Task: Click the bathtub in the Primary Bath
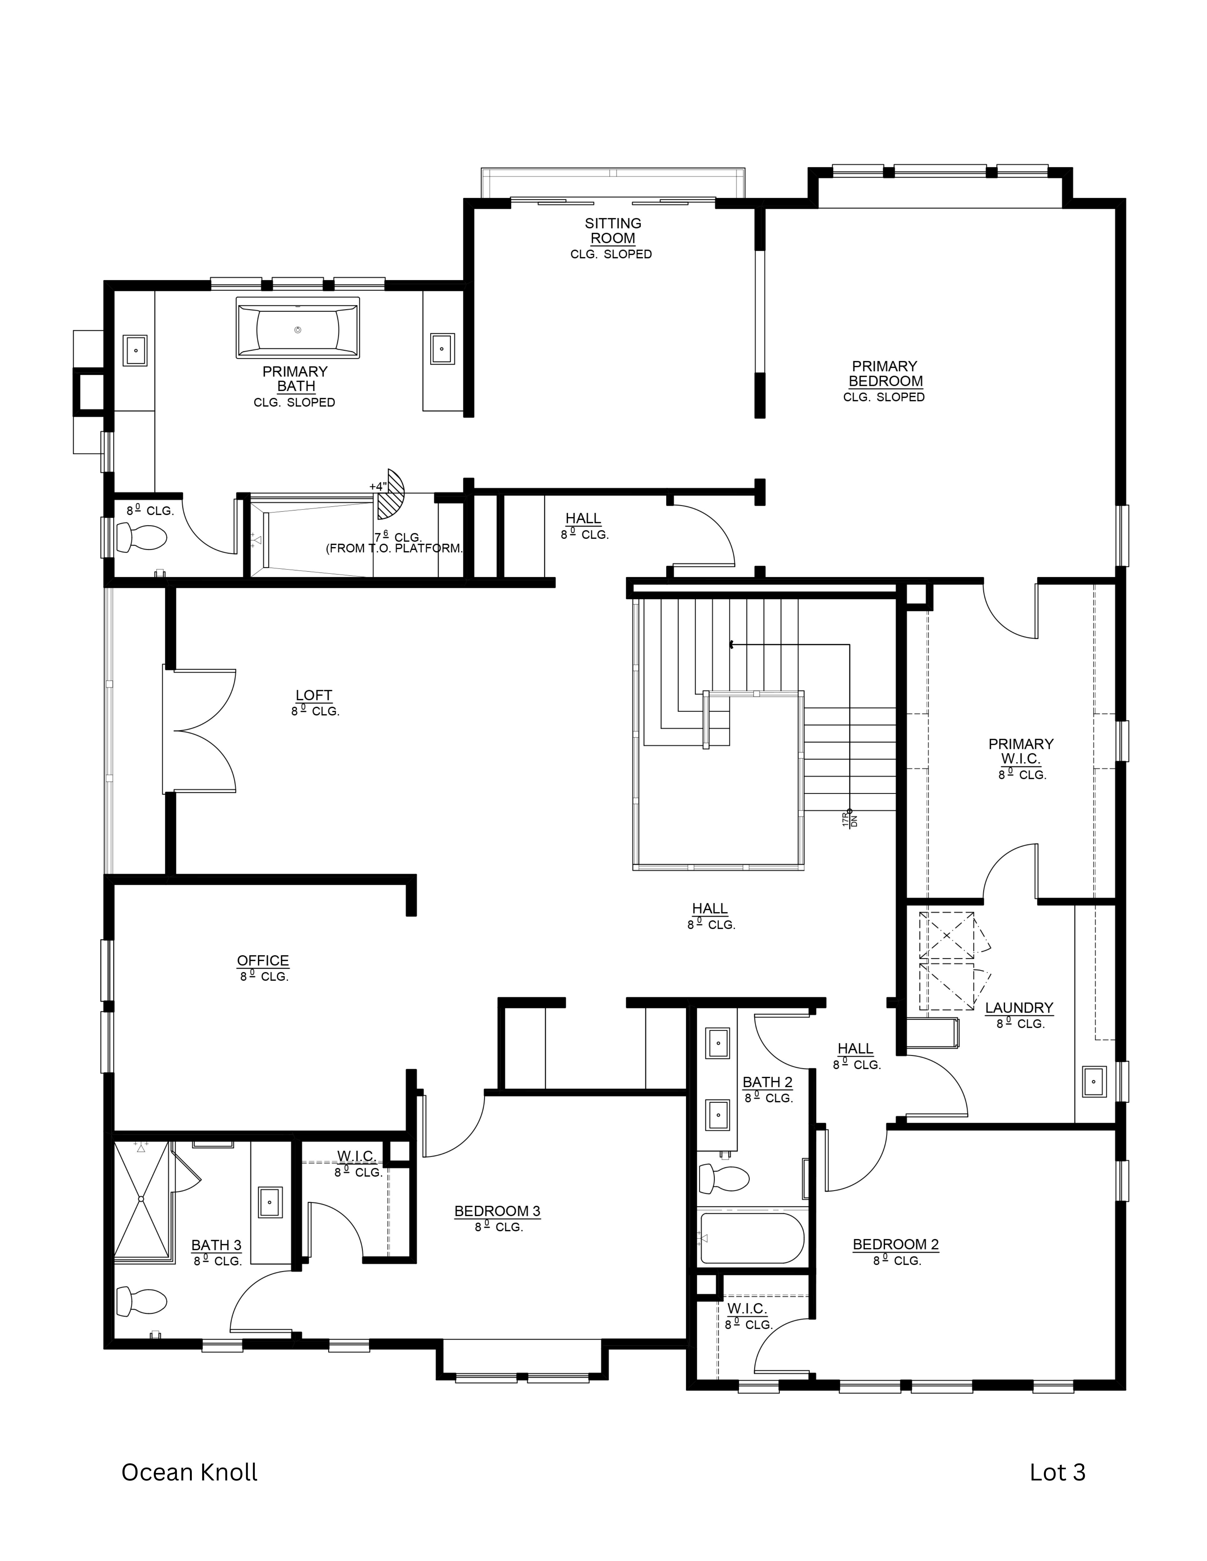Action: (297, 328)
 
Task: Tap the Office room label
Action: (263, 961)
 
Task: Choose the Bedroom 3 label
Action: (497, 1211)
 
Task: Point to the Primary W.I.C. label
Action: (1021, 751)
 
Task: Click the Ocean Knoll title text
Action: (190, 1472)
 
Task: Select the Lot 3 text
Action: (1057, 1472)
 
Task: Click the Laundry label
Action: (1019, 1008)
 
